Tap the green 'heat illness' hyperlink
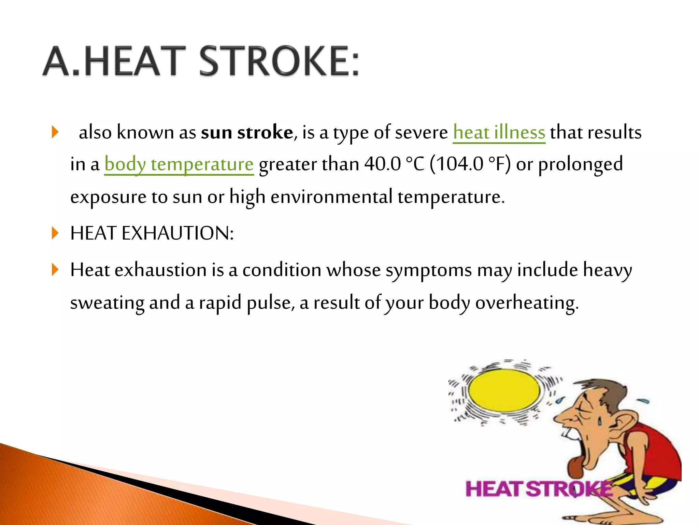(499, 132)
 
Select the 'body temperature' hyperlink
(179, 164)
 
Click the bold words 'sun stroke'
(247, 132)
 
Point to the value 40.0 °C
(394, 164)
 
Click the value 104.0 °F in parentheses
(470, 164)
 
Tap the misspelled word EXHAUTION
(177, 233)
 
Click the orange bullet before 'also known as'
(55, 132)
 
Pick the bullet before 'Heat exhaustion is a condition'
(55, 270)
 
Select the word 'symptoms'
(429, 270)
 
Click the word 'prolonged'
(580, 164)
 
